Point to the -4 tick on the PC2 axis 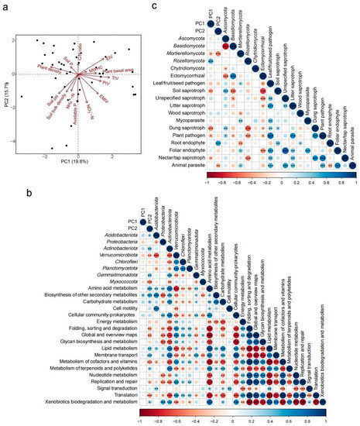tap(15, 141)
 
